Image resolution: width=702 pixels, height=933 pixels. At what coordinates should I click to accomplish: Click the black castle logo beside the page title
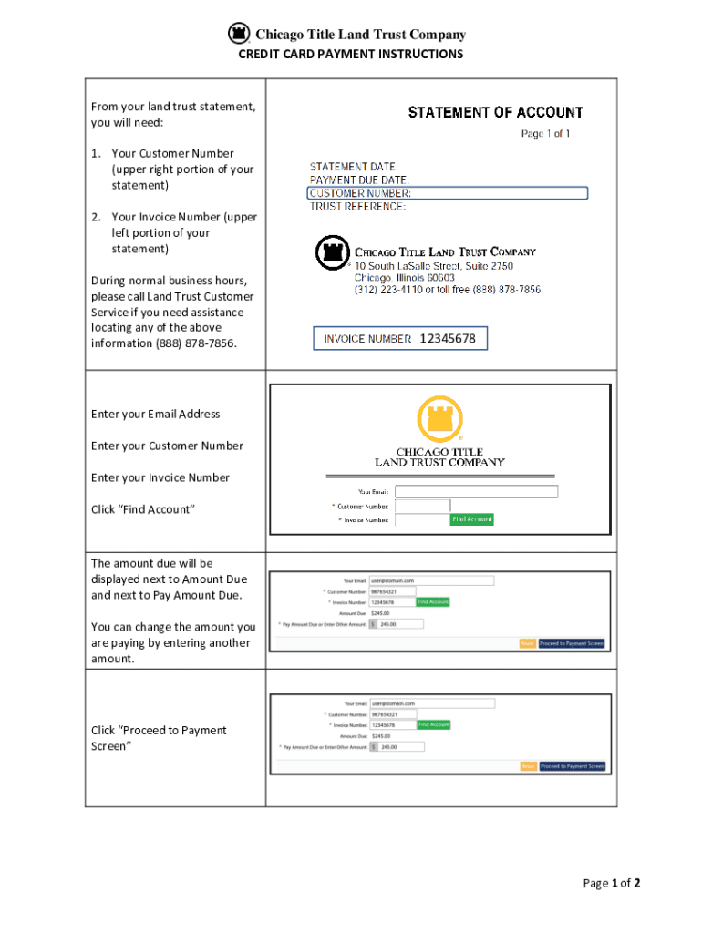pyautogui.click(x=238, y=34)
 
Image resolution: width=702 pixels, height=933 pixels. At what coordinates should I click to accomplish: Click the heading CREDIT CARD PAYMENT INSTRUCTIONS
pyautogui.click(x=350, y=55)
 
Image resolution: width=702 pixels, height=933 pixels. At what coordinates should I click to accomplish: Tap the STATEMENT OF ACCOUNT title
pyautogui.click(x=495, y=113)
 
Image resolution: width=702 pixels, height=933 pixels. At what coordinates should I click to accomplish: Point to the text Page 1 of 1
pyautogui.click(x=545, y=134)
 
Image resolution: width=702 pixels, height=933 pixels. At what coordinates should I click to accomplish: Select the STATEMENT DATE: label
pyautogui.click(x=354, y=167)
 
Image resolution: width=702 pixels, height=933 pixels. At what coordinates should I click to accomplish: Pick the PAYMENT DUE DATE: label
pyautogui.click(x=359, y=180)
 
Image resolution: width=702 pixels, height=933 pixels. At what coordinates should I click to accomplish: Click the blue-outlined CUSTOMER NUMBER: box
pyautogui.click(x=448, y=193)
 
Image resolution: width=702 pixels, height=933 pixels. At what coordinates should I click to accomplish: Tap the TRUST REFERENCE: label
pyautogui.click(x=358, y=207)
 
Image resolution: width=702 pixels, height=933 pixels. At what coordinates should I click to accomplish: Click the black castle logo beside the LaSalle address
pyautogui.click(x=332, y=252)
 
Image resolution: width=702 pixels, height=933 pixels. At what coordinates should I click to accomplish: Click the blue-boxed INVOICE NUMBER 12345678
pyautogui.click(x=400, y=339)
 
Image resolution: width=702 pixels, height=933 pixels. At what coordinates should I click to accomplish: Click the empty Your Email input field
pyautogui.click(x=477, y=492)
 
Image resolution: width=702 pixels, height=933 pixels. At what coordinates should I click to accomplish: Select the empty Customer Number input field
pyautogui.click(x=422, y=506)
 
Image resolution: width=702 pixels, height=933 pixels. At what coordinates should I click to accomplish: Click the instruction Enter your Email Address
pyautogui.click(x=155, y=415)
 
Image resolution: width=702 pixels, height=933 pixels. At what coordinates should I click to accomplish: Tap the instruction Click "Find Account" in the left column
pyautogui.click(x=143, y=509)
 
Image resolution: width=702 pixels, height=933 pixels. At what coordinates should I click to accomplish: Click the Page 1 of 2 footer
pyautogui.click(x=613, y=883)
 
